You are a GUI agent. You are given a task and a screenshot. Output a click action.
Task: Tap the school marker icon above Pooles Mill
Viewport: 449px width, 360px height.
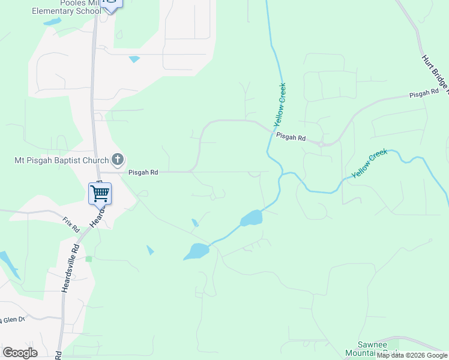click(111, 3)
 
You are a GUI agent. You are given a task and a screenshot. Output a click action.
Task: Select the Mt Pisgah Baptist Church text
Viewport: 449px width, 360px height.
click(61, 160)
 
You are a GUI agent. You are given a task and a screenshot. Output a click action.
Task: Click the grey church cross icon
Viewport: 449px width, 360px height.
click(118, 160)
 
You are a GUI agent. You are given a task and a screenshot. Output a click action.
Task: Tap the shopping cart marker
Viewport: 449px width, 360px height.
click(100, 193)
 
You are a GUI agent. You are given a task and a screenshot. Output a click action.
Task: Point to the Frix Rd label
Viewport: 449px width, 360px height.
click(71, 225)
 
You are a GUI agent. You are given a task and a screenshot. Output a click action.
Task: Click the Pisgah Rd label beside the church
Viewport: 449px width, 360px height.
click(143, 172)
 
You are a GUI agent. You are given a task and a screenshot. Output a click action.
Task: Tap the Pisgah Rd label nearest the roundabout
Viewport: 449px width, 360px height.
click(291, 137)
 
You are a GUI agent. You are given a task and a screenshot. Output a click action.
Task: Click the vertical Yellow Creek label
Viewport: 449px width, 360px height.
click(280, 105)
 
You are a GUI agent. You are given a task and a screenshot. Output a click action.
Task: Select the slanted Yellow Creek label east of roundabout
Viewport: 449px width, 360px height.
click(370, 163)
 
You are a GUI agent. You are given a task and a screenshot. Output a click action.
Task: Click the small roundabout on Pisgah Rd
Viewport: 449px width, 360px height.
click(322, 144)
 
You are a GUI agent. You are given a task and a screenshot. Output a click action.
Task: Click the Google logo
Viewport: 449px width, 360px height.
click(20, 353)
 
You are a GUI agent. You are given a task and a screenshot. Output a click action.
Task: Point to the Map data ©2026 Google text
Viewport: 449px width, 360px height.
click(412, 356)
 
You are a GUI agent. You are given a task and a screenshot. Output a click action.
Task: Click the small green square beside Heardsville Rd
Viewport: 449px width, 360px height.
click(89, 259)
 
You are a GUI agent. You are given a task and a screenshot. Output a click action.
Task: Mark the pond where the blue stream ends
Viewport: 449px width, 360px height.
click(196, 252)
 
